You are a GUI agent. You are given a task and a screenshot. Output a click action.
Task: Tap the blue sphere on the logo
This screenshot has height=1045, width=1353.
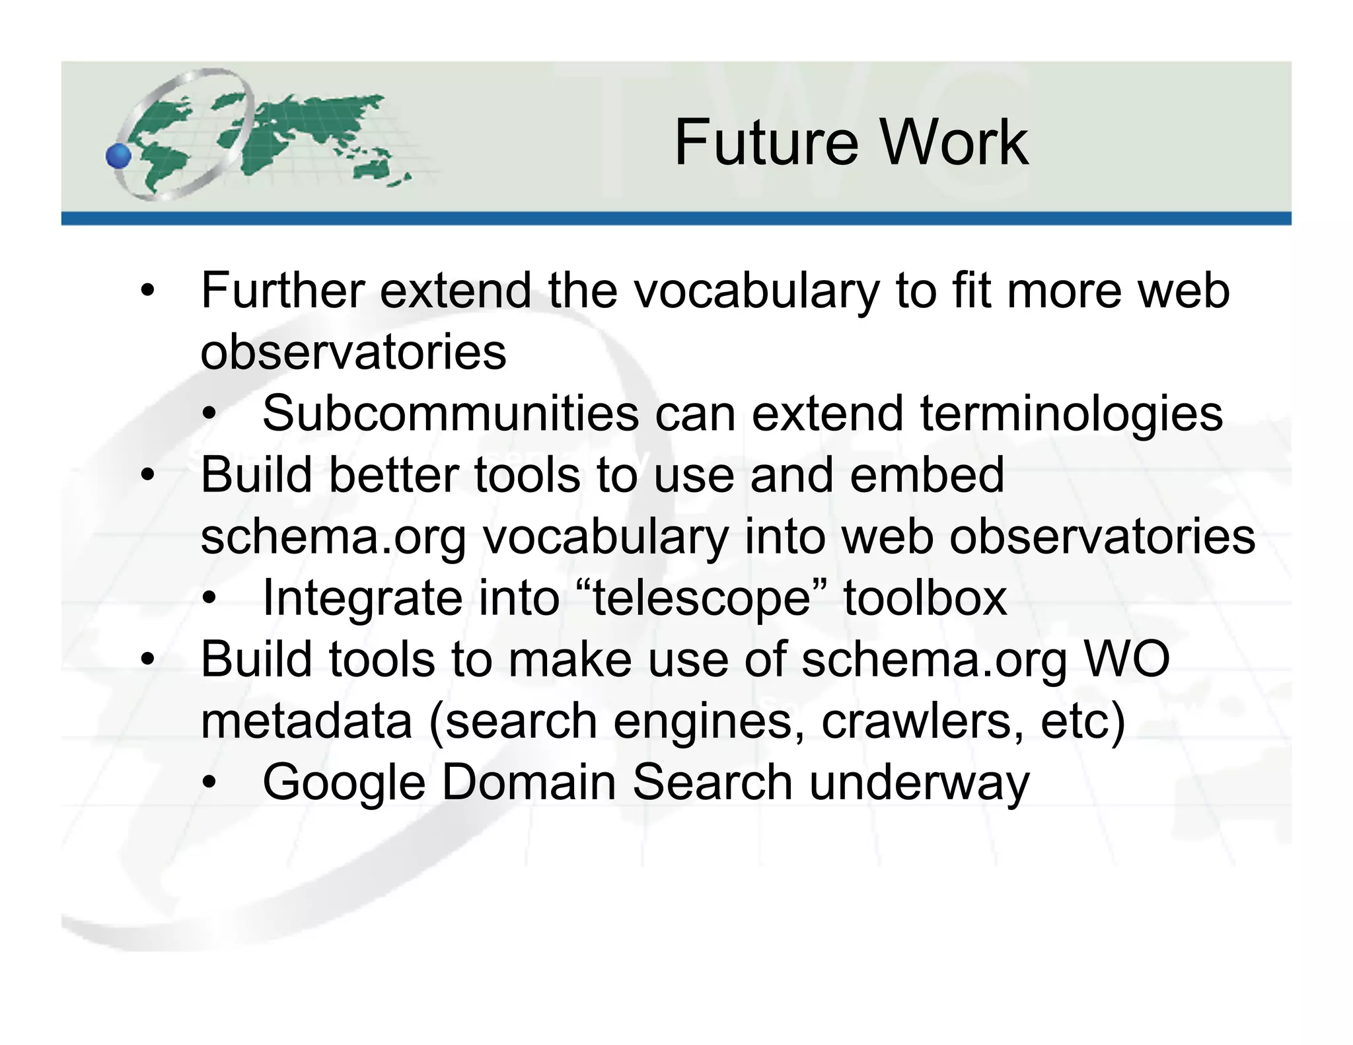pyautogui.click(x=119, y=156)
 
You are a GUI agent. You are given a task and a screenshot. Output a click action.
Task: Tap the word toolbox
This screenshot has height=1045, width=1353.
pyautogui.click(x=925, y=598)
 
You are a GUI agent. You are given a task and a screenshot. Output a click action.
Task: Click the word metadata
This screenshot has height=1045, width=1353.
pyautogui.click(x=307, y=721)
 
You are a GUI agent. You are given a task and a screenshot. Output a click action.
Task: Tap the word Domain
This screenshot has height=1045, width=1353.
pyautogui.click(x=528, y=782)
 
